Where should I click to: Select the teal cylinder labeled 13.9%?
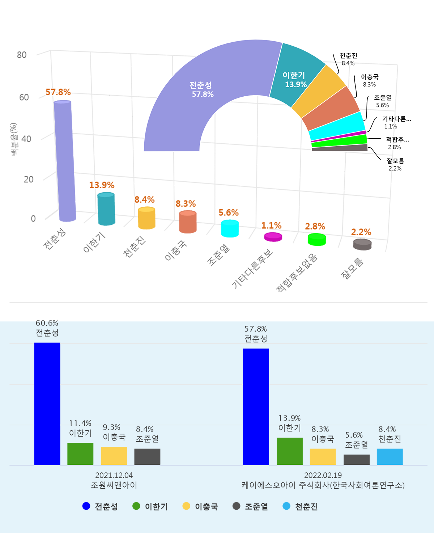point(106,209)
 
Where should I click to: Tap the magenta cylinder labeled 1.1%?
point(273,237)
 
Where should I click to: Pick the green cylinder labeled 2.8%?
point(317,240)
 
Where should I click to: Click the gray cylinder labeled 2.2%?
point(362,245)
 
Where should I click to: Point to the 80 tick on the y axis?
point(22,55)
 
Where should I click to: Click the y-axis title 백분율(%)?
point(14,139)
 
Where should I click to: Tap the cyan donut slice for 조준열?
point(336,127)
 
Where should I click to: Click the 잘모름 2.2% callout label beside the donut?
point(395,164)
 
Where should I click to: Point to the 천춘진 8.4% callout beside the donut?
point(348,59)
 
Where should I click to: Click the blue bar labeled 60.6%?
point(47,404)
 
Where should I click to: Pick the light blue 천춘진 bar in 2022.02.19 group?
point(390,456)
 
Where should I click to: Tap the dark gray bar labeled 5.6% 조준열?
point(356,459)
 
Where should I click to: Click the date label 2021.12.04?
point(114,475)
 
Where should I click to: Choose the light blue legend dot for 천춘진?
point(286,506)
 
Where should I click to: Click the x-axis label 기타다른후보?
point(252,269)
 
